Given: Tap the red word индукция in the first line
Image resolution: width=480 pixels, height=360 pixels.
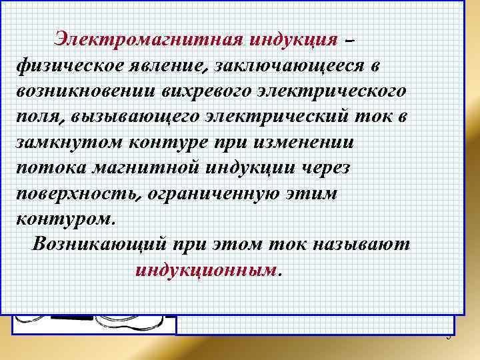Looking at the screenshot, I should (x=293, y=38).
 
